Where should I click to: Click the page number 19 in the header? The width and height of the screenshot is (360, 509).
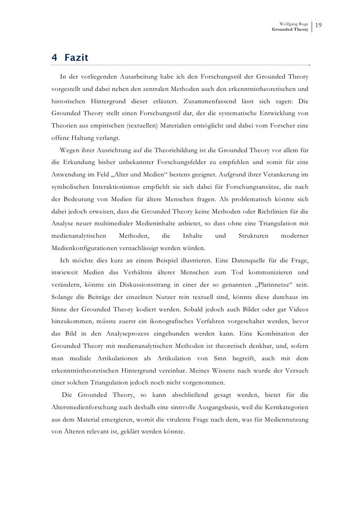[x=318, y=25]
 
